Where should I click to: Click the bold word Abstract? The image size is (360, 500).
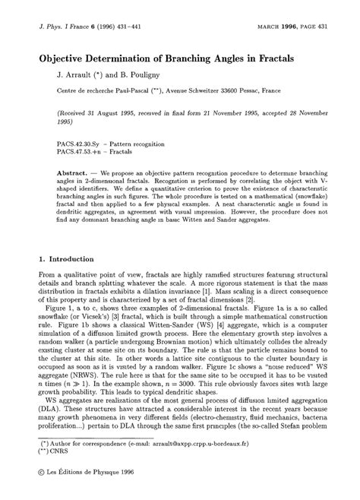coord(74,173)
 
